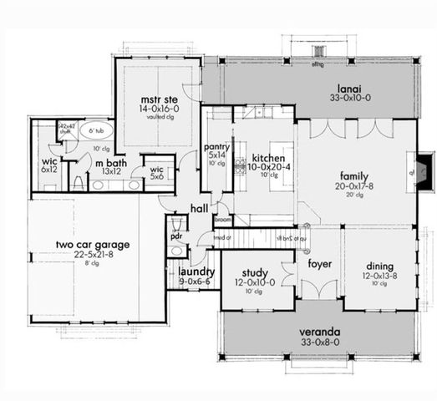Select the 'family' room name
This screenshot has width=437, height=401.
(354, 176)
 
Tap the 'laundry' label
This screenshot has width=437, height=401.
(196, 272)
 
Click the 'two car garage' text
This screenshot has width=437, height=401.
(93, 245)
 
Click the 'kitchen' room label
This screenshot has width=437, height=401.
(269, 158)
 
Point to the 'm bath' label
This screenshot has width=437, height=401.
(109, 163)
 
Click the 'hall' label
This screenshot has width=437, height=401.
(199, 208)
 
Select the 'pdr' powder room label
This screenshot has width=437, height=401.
(175, 236)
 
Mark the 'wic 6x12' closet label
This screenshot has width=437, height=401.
(49, 165)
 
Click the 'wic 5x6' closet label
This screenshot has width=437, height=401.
(156, 173)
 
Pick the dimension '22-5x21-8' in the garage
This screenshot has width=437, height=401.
(94, 255)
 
